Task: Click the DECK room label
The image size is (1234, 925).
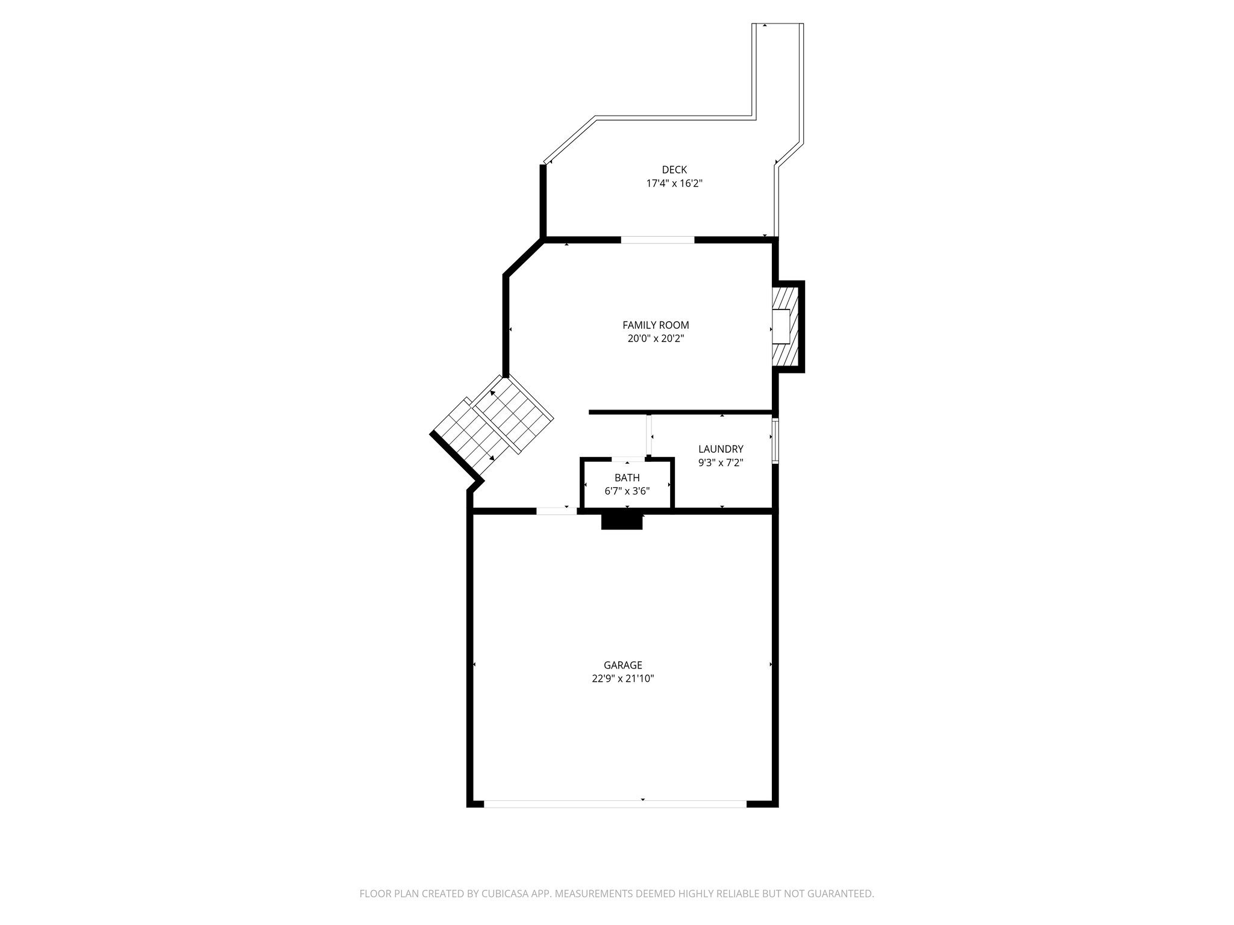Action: pyautogui.click(x=674, y=170)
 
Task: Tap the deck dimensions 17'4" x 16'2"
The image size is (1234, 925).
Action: pyautogui.click(x=674, y=184)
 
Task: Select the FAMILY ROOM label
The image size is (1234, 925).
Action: pyautogui.click(x=656, y=325)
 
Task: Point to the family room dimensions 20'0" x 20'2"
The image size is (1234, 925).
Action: pyautogui.click(x=656, y=338)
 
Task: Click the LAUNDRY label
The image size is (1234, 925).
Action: pyautogui.click(x=721, y=449)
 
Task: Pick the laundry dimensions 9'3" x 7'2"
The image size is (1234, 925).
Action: pyautogui.click(x=721, y=462)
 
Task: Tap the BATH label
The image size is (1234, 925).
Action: pyautogui.click(x=627, y=478)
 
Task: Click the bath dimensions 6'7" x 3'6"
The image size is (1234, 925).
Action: pyautogui.click(x=627, y=491)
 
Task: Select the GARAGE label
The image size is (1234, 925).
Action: pyautogui.click(x=622, y=665)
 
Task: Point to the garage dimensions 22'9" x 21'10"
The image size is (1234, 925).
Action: pyautogui.click(x=622, y=679)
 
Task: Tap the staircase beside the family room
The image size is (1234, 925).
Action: pyautogui.click(x=493, y=424)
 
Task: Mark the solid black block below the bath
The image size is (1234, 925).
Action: pyautogui.click(x=622, y=522)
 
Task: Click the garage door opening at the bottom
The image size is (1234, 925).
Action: pyautogui.click(x=615, y=803)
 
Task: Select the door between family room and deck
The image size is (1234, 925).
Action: pyautogui.click(x=657, y=240)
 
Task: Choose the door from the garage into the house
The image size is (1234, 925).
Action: pyautogui.click(x=556, y=511)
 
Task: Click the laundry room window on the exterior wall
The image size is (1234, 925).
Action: pyautogui.click(x=775, y=440)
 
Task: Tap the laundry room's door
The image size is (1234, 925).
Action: pyautogui.click(x=650, y=435)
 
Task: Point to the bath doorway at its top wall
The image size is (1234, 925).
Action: pyautogui.click(x=628, y=459)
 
